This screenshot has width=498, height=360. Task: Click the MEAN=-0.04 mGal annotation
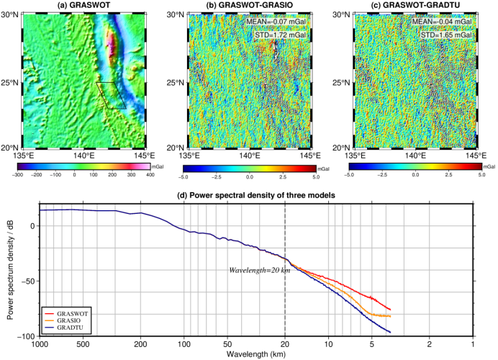pos(443,22)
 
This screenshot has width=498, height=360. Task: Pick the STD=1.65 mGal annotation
pos(443,35)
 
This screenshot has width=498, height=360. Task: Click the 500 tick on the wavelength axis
pos(83,344)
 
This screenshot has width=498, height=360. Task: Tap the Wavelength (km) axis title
pos(256,354)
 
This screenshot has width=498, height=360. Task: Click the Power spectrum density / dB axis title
pos(9,270)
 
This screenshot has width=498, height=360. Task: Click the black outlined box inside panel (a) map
pos(112,94)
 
